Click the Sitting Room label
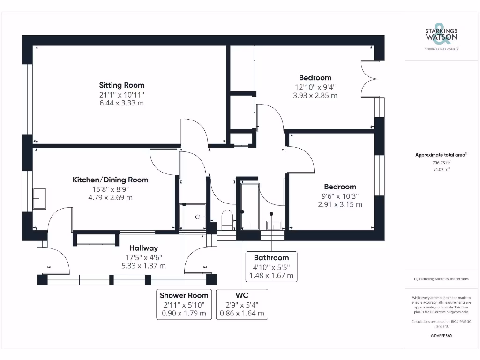tap(121, 85)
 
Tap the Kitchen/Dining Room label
tap(111, 180)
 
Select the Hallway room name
tap(143, 248)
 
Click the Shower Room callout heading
tap(184, 295)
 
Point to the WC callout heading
tap(242, 295)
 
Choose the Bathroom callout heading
tap(271, 258)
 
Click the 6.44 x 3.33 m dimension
tap(121, 103)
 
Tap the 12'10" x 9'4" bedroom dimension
tap(315, 87)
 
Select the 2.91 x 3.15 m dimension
tap(340, 204)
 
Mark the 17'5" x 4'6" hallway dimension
tap(143, 257)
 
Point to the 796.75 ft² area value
tap(441, 163)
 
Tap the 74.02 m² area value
tap(441, 169)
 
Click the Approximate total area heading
tap(441, 155)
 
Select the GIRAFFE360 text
tap(441, 336)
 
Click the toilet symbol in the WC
tap(227, 220)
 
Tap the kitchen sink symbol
tap(39, 198)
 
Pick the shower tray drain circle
tap(198, 217)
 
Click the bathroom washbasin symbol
tap(274, 225)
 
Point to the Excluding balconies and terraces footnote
tap(441, 279)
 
